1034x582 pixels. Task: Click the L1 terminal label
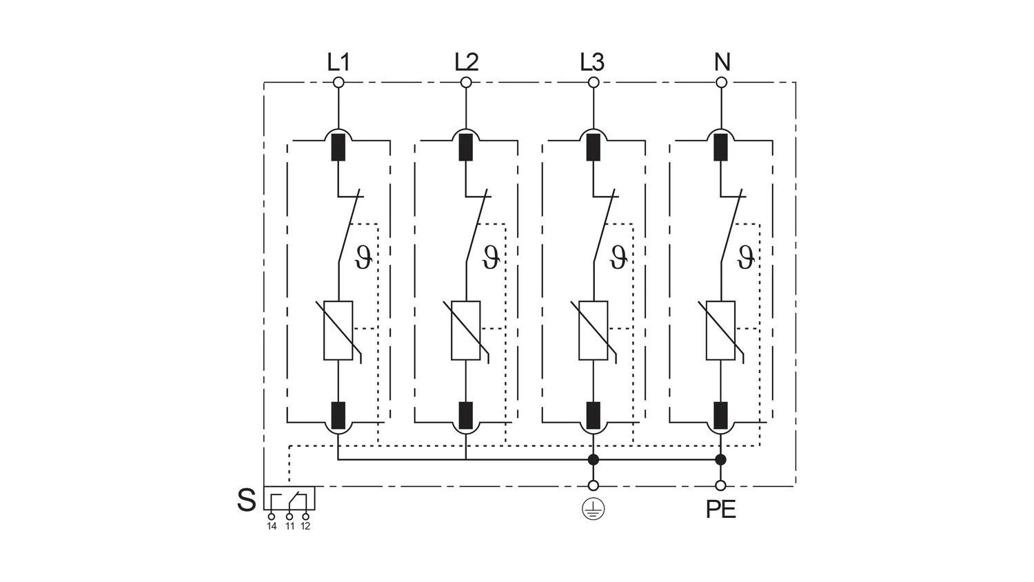click(338, 62)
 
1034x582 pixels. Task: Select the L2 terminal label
click(466, 62)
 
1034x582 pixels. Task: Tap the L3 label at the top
click(592, 62)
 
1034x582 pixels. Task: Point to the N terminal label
click(722, 62)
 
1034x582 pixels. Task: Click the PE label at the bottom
click(721, 510)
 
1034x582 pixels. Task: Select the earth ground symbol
click(593, 510)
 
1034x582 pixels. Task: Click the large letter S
click(246, 500)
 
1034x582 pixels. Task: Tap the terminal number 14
click(272, 526)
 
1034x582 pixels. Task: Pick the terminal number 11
click(290, 526)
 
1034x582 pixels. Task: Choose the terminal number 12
click(305, 526)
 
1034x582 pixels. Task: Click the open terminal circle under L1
click(338, 83)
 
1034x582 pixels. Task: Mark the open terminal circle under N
click(722, 83)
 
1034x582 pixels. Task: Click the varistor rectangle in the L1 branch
click(338, 331)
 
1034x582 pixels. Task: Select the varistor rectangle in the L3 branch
click(593, 331)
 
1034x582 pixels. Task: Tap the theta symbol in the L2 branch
click(491, 258)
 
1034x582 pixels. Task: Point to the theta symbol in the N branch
click(746, 258)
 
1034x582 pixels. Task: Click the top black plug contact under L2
click(466, 148)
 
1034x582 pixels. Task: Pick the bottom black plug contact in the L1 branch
click(338, 416)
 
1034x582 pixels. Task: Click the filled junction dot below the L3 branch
click(593, 459)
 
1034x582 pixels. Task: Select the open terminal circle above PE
click(720, 485)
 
